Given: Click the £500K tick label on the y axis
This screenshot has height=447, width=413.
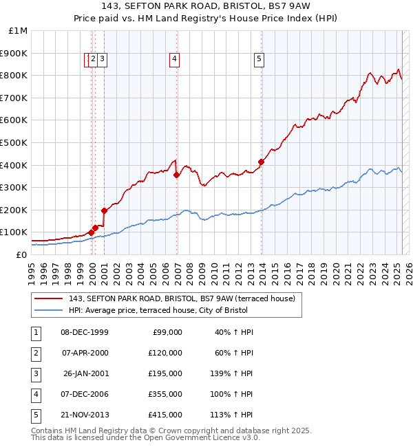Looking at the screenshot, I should (14, 142).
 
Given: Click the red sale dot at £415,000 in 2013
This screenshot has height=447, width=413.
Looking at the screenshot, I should (262, 162).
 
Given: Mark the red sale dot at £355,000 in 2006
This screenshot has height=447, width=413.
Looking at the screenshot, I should (177, 175).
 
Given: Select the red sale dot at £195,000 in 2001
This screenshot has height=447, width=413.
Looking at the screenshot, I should (104, 211).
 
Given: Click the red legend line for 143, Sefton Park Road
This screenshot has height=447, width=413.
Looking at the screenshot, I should (49, 298).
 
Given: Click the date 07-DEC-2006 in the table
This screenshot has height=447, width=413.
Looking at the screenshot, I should (85, 394).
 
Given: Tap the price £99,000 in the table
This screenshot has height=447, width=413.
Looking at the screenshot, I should (168, 332).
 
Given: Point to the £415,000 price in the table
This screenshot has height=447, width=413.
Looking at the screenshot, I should (165, 415).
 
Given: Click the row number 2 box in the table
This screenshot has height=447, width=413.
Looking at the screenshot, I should (35, 353).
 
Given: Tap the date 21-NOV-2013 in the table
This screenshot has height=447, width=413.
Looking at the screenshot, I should (85, 415).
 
